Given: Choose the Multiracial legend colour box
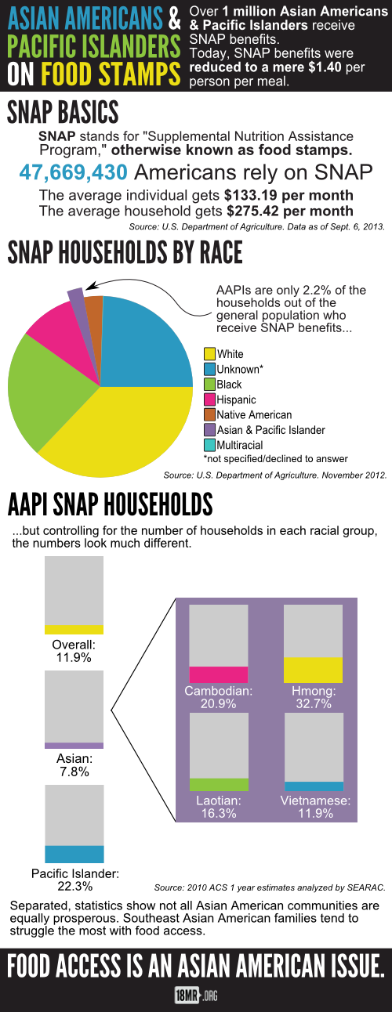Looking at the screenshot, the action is pos(209,445).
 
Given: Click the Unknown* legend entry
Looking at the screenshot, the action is pos(234,369).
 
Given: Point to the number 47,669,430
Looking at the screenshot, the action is pos(73,172).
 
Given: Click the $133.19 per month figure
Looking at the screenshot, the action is pos(289,195).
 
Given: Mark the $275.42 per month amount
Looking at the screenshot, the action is pos(290,211).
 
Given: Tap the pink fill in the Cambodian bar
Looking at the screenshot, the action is pos(219,674).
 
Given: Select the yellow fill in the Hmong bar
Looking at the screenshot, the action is pos(313,670).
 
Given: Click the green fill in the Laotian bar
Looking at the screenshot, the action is pos(219,784).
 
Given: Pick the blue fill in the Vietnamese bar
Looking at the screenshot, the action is pos(314,786).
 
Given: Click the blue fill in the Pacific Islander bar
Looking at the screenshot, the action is pos(74,854).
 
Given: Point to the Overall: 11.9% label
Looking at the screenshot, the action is pos(74,651).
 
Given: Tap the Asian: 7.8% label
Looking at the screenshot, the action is pos(74,764).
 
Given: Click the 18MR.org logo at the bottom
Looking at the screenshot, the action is pos(196,995).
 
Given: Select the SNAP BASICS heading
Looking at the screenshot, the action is pos(63,112).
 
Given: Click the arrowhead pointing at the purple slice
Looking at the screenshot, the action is pos(90,286).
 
